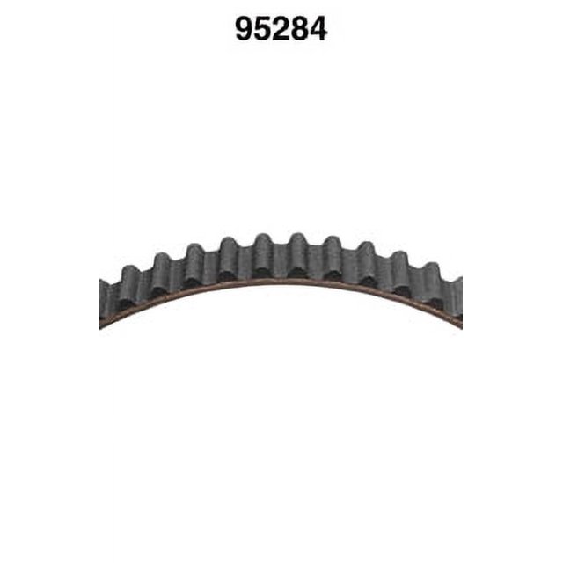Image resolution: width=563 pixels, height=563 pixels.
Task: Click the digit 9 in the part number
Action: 245,29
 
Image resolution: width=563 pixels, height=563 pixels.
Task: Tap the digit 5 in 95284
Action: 262,29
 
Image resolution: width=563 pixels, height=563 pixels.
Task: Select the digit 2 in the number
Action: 281,29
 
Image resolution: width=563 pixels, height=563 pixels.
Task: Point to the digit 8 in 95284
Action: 299,29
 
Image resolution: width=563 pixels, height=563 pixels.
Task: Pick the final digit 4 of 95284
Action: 318,29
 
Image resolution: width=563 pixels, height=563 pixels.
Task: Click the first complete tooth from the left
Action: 129,288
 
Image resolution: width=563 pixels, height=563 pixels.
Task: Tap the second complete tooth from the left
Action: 162,274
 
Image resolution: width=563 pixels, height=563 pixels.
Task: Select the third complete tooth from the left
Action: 195,265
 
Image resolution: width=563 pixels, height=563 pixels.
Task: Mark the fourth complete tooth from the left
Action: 229,258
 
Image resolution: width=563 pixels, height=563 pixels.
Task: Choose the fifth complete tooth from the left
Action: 264,255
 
